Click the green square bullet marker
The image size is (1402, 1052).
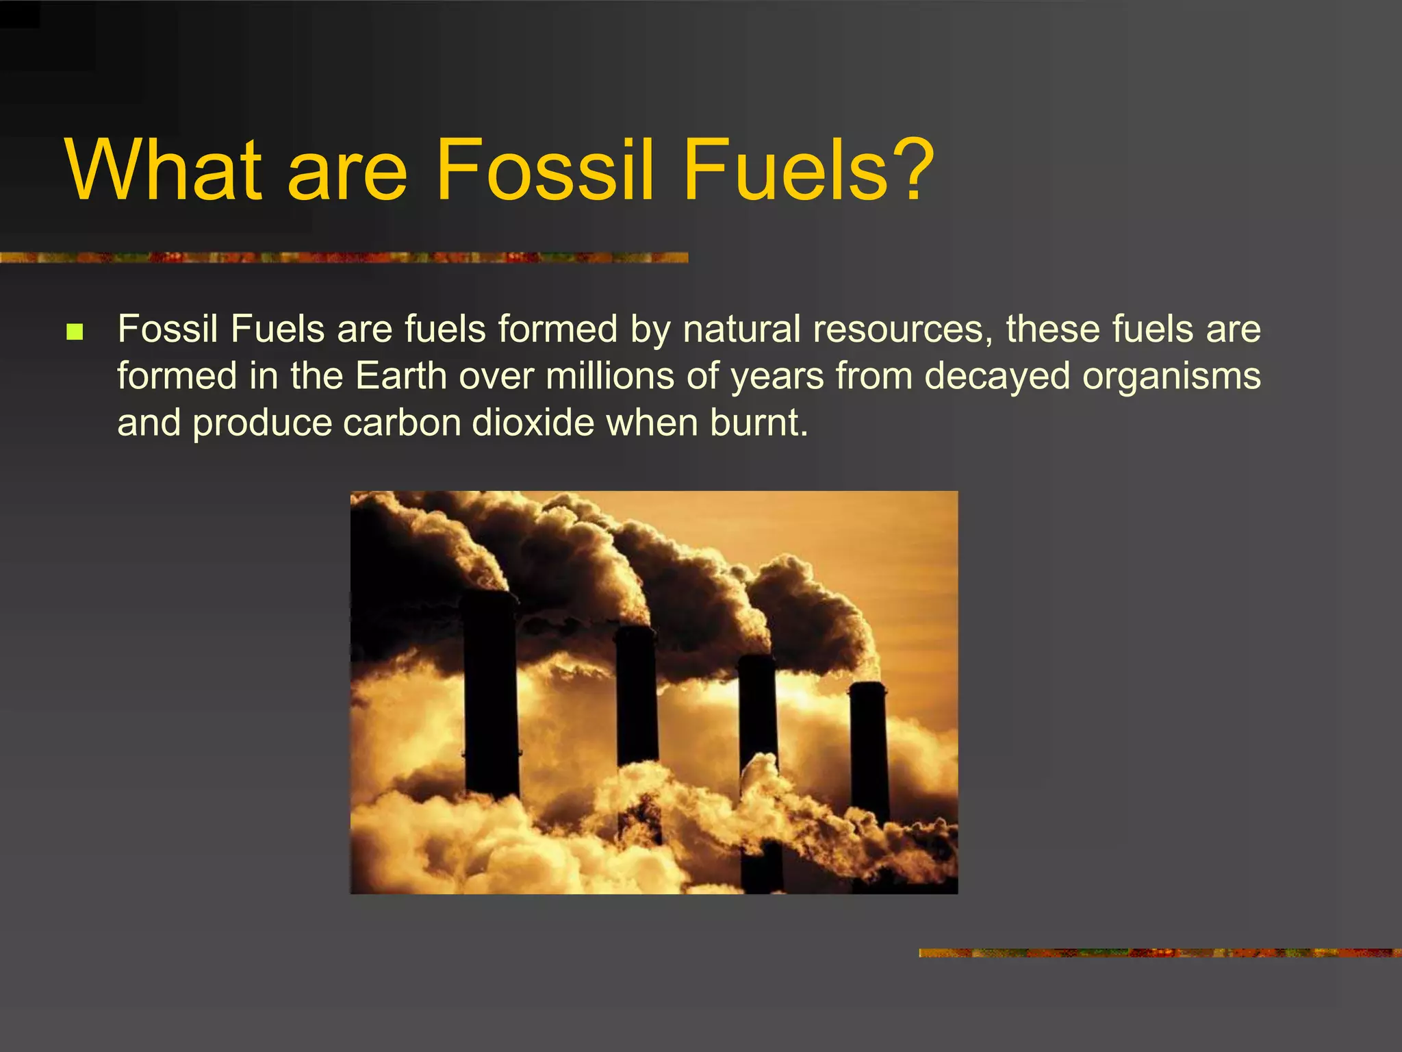pyautogui.click(x=75, y=333)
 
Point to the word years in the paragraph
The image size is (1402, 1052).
pyautogui.click(x=777, y=376)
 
